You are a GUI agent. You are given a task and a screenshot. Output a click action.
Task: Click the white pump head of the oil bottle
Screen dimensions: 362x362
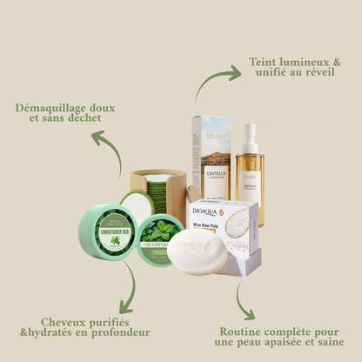[251, 130]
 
